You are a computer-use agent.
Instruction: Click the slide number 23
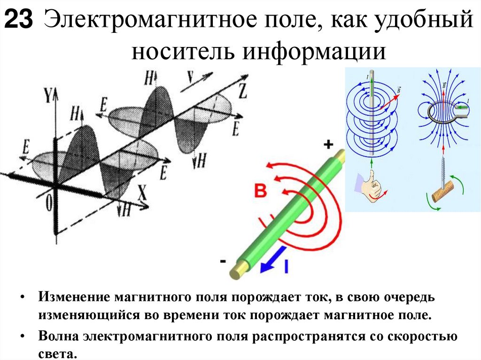(19, 21)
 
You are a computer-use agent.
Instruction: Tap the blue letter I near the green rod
(287, 267)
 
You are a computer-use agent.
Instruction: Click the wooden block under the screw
(443, 191)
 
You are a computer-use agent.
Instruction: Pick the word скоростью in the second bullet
(425, 337)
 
